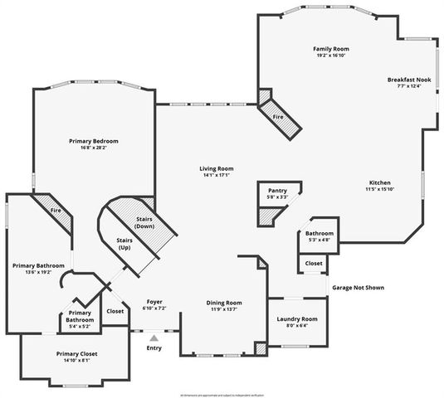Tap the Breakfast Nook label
(x=410, y=79)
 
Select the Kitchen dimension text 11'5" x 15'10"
(x=380, y=190)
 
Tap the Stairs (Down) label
(x=145, y=221)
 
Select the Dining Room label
(x=224, y=303)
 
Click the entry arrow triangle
(x=154, y=337)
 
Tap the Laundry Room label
(x=297, y=318)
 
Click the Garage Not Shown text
(x=359, y=288)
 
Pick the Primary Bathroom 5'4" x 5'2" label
(x=80, y=319)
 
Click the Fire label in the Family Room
(x=278, y=117)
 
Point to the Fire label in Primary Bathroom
(x=56, y=211)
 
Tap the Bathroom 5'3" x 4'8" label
(x=320, y=234)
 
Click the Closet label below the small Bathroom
(x=314, y=263)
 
